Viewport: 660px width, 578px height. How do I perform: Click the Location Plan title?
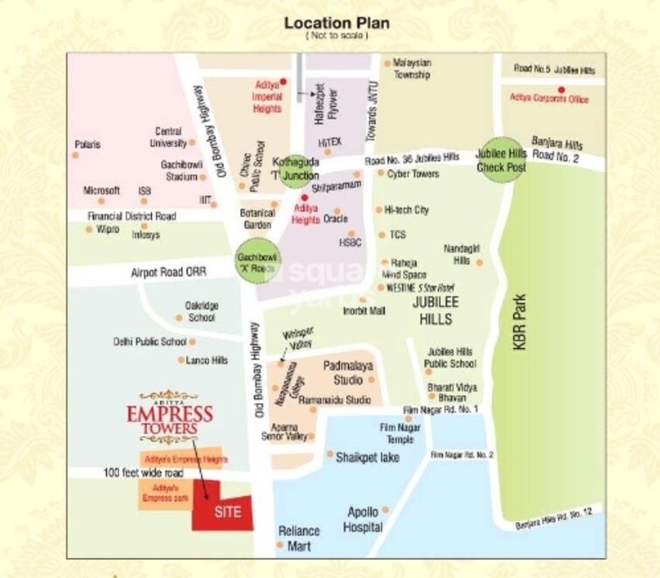click(337, 23)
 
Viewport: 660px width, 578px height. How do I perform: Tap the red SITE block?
click(226, 512)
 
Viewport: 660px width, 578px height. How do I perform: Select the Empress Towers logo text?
click(170, 414)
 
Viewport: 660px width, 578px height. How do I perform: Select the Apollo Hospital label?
click(365, 519)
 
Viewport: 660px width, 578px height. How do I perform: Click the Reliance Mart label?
click(300, 538)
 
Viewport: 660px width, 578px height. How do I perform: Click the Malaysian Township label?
click(412, 69)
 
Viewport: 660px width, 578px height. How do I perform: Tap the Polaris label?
click(87, 144)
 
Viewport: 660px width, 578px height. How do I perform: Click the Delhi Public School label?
click(149, 342)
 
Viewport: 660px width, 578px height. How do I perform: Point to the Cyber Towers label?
click(414, 174)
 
